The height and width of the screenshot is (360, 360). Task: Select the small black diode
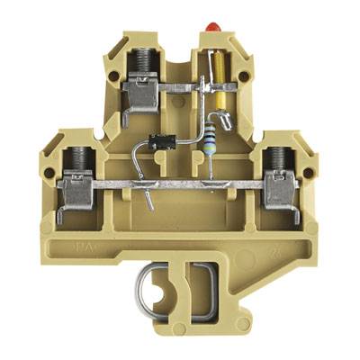(x=161, y=140)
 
